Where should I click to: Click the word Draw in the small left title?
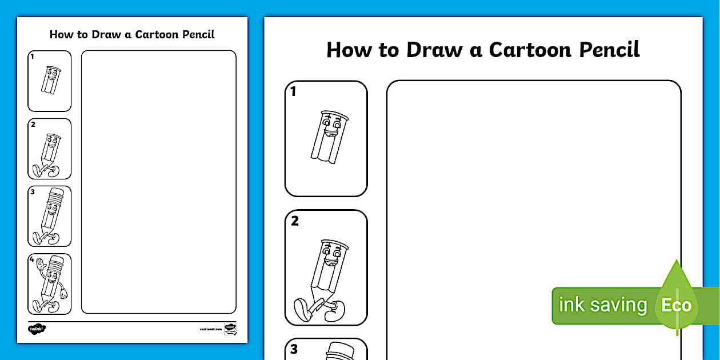[103, 34]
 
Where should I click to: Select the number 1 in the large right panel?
[293, 91]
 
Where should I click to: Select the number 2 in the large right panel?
[295, 221]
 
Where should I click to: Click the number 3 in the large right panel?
[294, 349]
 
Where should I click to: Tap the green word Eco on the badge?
[676, 305]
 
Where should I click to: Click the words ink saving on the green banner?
[602, 305]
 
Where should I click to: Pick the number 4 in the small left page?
[32, 259]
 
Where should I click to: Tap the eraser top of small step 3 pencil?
[55, 192]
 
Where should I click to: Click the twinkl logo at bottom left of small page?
[37, 329]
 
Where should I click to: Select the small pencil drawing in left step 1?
[51, 79]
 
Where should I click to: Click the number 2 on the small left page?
[33, 124]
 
